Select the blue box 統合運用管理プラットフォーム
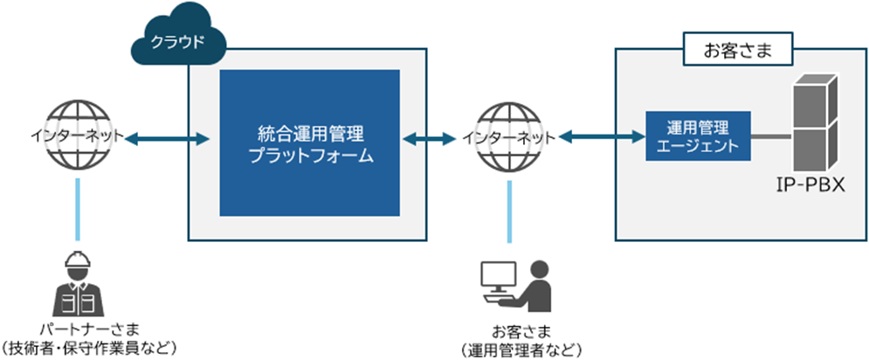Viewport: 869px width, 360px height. [x=310, y=143]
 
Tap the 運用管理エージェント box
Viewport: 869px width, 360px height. [x=697, y=136]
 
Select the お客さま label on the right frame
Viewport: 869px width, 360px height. [x=737, y=50]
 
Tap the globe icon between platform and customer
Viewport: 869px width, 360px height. [x=507, y=137]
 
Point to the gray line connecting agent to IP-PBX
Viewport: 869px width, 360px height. [x=769, y=137]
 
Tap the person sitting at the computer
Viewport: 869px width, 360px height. [x=534, y=285]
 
